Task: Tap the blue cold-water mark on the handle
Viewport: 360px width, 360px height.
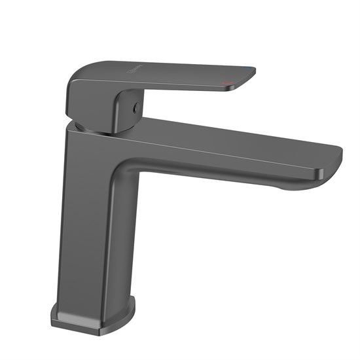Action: click(252, 69)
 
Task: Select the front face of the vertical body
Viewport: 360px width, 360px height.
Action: click(82, 223)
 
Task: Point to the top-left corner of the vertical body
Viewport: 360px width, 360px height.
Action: click(68, 129)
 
